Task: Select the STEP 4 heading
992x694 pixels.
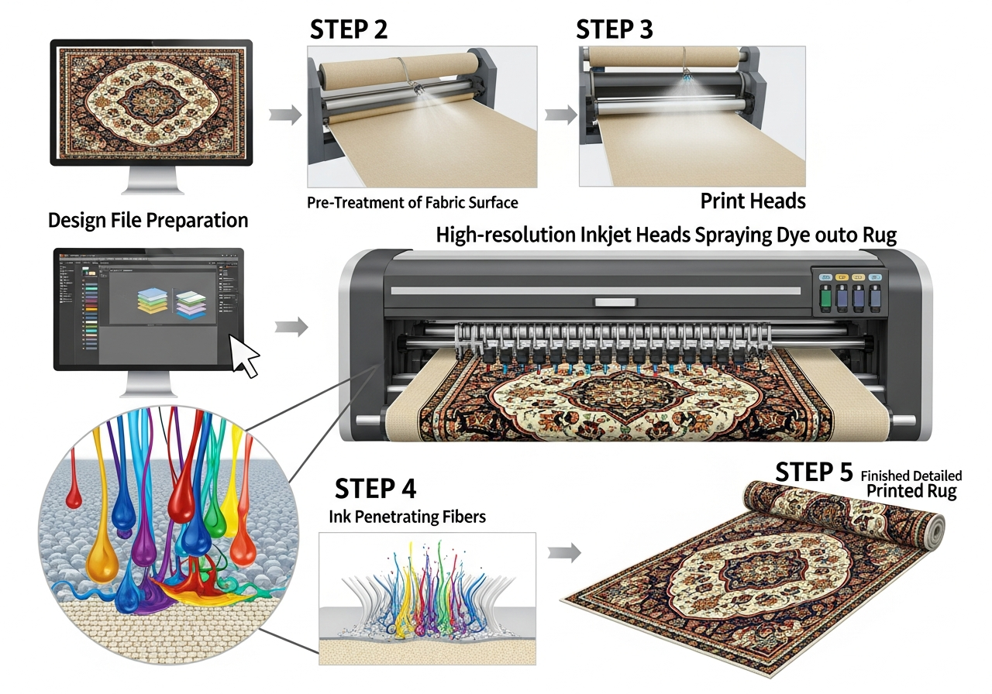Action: (x=375, y=489)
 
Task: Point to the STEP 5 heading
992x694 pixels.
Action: (x=814, y=472)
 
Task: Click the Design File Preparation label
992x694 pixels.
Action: (x=148, y=220)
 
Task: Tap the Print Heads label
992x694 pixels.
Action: (x=753, y=201)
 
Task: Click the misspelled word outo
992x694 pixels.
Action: (x=815, y=236)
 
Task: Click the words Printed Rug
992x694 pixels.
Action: (x=911, y=491)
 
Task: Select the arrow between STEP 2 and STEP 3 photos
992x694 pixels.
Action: (x=560, y=115)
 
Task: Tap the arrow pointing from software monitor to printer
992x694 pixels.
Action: (x=291, y=328)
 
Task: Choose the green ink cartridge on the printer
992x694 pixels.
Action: (x=825, y=298)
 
